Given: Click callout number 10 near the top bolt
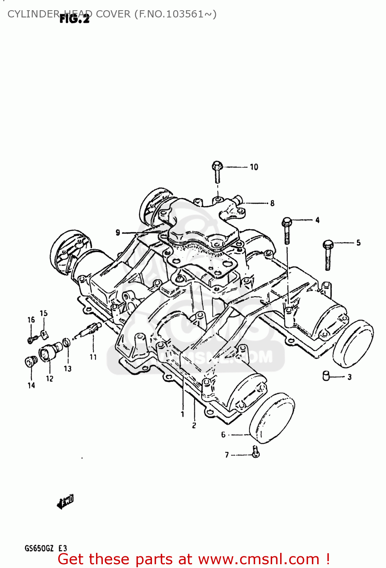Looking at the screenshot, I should pos(254,167).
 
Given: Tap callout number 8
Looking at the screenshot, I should pos(272,203).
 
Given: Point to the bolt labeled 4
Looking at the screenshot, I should pos(287,231).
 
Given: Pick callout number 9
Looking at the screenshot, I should pos(118,233).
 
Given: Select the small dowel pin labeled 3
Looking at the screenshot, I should pos(326,376).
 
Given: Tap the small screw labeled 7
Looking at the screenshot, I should pos(256,451).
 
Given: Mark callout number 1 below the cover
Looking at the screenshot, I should pos(183,414).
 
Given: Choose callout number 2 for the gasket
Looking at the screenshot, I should pos(194,425).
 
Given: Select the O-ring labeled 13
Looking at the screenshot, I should pos(67,343).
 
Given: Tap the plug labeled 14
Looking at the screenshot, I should pos(30,362).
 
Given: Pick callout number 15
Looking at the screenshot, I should pos(43,313).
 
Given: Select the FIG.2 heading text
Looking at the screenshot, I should pos(74,19).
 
